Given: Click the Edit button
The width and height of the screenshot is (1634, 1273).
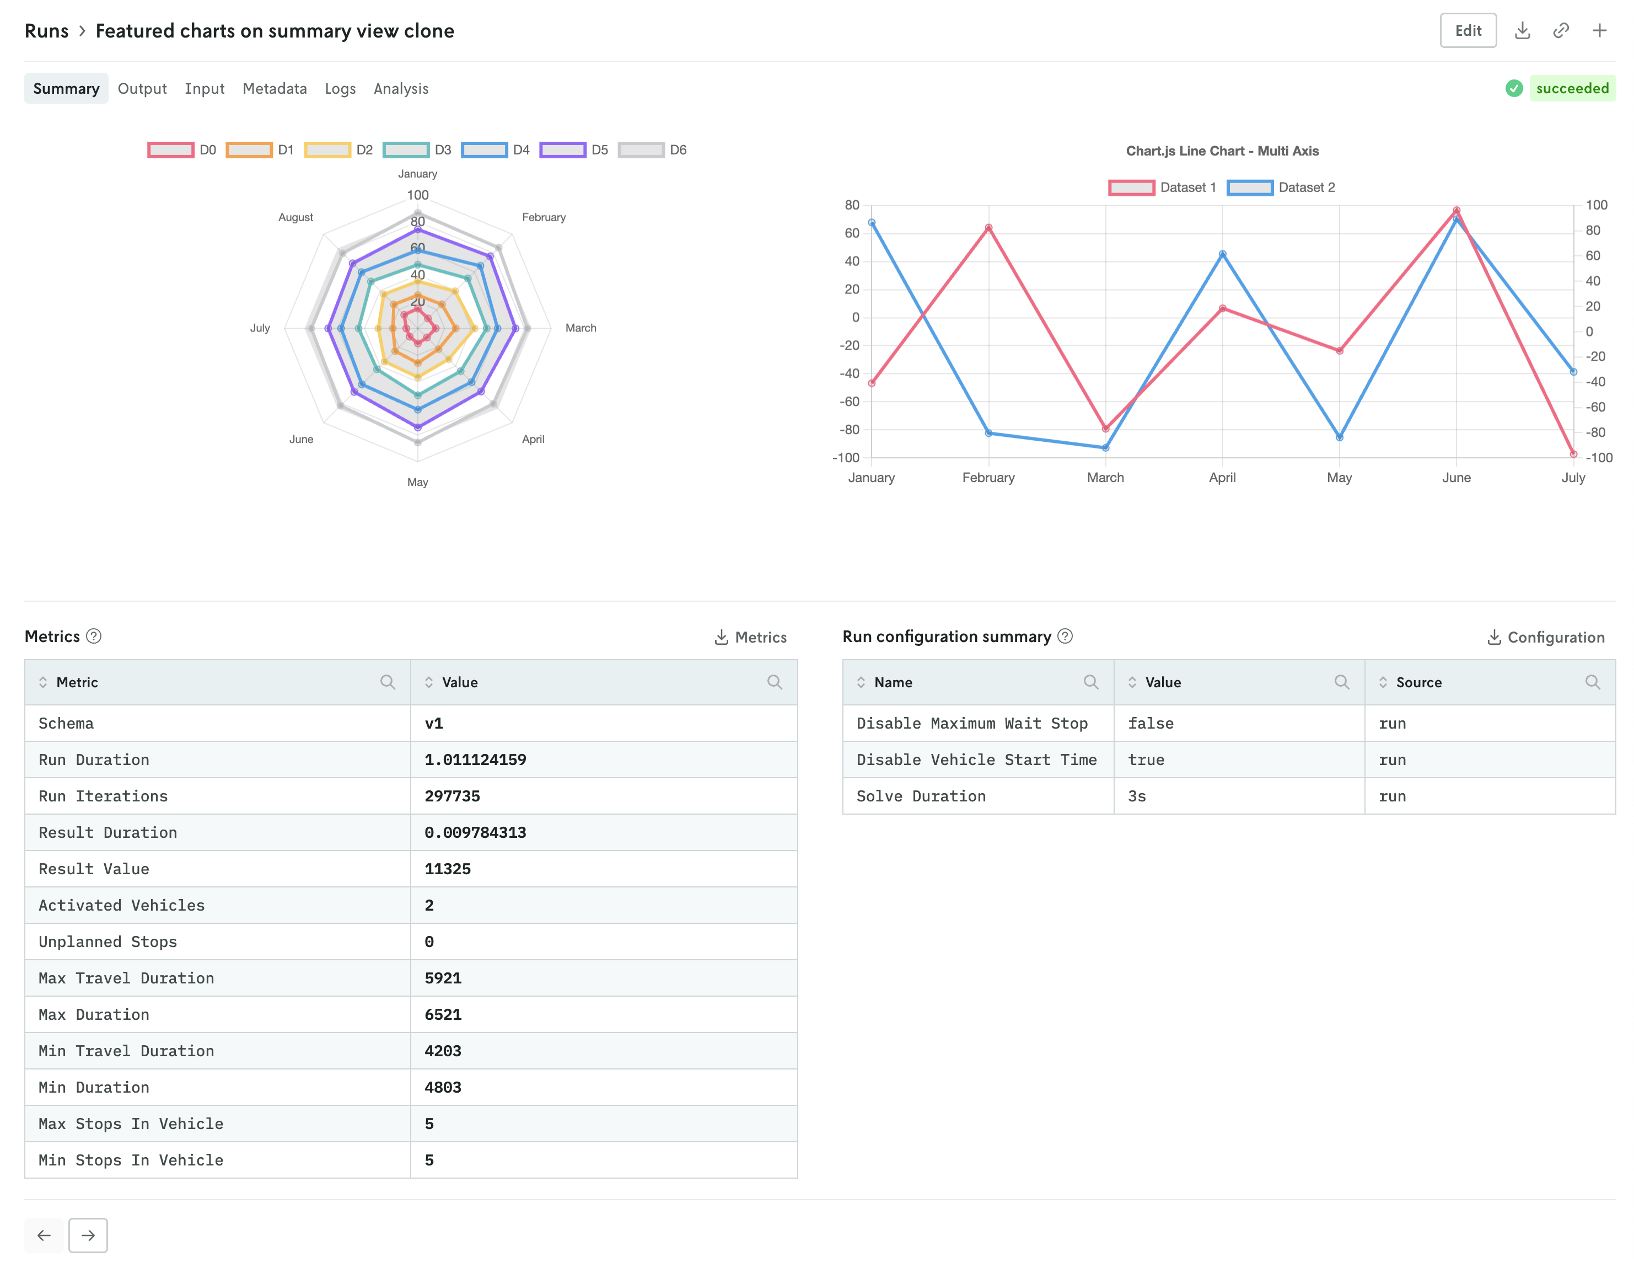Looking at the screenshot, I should (1467, 31).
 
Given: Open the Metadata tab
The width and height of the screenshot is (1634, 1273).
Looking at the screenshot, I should (275, 88).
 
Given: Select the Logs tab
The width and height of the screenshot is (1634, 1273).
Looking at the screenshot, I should (340, 88).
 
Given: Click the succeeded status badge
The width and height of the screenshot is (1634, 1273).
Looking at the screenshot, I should (1571, 88).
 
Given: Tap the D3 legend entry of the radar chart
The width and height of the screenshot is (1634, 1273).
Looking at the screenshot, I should (417, 149).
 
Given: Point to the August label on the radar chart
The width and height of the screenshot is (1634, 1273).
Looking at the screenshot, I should (295, 217).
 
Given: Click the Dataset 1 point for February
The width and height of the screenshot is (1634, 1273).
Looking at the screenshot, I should (988, 227).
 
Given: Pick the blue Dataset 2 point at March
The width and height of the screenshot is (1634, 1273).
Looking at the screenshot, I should (1105, 447).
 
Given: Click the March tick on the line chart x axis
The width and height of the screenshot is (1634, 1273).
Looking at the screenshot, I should (1105, 478).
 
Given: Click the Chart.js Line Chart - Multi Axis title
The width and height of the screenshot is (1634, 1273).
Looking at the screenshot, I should (1222, 151).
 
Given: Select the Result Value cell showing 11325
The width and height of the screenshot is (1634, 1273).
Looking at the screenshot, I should (448, 869).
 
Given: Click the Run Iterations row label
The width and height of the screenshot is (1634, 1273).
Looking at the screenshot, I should (103, 796).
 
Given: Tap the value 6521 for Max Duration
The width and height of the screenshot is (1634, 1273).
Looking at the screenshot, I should (443, 1015).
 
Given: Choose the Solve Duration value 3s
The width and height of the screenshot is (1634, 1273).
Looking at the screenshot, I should (1137, 796).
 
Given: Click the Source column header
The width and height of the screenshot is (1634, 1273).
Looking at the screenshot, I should (1418, 682).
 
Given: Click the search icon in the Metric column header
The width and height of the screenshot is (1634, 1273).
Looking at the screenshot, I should (387, 682).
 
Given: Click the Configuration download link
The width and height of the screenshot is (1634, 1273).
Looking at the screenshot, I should (1546, 637).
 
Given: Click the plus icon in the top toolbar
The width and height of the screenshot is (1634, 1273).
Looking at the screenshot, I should (1599, 31).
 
